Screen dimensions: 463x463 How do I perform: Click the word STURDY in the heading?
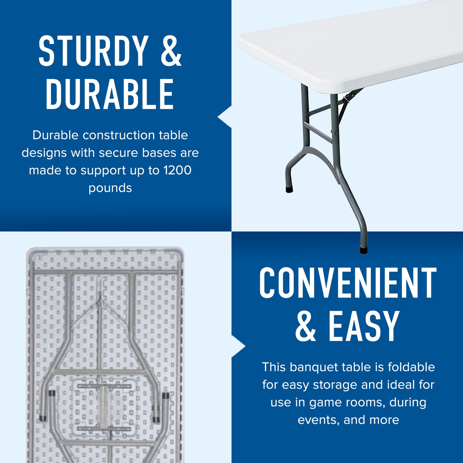click(x=93, y=51)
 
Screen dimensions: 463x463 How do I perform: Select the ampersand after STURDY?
click(x=171, y=51)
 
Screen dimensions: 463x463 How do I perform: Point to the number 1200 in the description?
click(x=177, y=170)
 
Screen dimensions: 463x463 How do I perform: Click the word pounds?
click(x=110, y=188)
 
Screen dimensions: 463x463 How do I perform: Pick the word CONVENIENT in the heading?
click(x=348, y=283)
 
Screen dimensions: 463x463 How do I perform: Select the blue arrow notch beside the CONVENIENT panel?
click(x=238, y=346)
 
